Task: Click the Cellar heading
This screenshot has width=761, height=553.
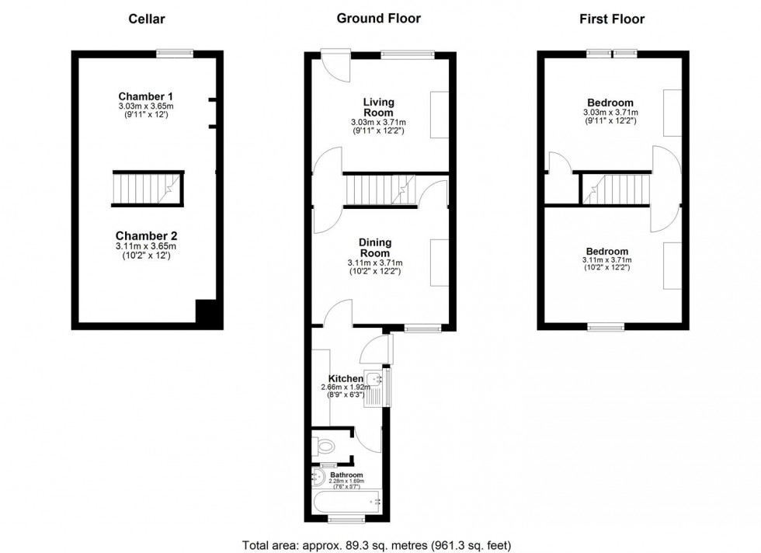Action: [147, 19]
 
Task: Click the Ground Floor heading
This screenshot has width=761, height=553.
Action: [378, 19]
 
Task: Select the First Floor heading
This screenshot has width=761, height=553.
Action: [612, 19]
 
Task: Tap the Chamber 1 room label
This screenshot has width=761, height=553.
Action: [146, 97]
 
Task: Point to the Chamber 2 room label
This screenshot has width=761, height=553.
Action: [147, 235]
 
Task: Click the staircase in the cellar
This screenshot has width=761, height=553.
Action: [146, 189]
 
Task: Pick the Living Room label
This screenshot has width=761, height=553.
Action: [379, 107]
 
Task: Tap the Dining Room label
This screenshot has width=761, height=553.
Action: [375, 248]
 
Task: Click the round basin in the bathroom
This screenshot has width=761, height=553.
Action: [318, 475]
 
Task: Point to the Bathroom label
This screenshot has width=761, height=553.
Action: [346, 475]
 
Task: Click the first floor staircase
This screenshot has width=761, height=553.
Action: [614, 189]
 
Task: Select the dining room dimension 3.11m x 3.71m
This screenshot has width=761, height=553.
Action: [375, 263]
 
